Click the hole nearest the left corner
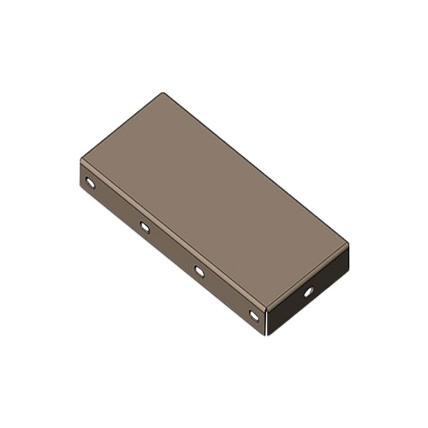(x=90, y=184)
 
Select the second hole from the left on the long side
(x=144, y=227)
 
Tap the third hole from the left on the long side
(x=199, y=271)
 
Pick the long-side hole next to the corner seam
(x=254, y=315)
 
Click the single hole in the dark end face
(x=308, y=292)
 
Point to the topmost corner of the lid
(x=163, y=94)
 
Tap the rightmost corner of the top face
(x=348, y=244)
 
